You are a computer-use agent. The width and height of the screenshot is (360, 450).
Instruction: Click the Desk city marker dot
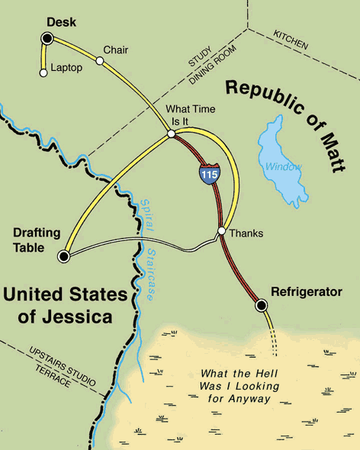(x=47, y=37)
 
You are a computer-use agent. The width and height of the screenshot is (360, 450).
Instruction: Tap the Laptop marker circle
(x=43, y=73)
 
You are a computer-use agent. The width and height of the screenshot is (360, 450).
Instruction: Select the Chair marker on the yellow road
(x=99, y=60)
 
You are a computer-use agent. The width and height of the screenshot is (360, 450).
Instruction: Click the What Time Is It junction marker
(x=172, y=133)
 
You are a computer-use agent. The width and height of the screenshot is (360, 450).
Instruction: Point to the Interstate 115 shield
(x=207, y=173)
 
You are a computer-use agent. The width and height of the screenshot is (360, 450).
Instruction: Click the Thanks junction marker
(x=220, y=231)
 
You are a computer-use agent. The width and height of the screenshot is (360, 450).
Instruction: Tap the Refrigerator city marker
(x=262, y=305)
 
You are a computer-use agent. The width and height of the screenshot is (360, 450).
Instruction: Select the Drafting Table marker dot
(x=64, y=257)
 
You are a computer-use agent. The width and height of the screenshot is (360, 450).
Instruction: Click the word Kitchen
(x=291, y=41)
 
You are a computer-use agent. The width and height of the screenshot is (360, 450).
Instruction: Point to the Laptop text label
(x=66, y=69)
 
